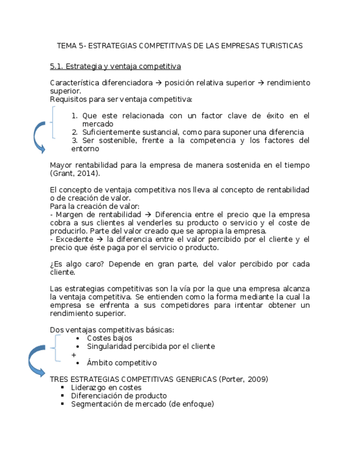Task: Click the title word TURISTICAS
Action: point(281,46)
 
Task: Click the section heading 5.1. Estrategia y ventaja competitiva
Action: point(115,66)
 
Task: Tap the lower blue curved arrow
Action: point(35,360)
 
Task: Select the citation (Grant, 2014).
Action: point(75,173)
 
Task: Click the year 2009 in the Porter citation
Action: point(254,380)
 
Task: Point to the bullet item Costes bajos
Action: point(109,338)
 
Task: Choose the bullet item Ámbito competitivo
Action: point(121,363)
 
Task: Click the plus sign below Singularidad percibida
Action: point(74,355)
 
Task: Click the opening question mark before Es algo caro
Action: point(52,264)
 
